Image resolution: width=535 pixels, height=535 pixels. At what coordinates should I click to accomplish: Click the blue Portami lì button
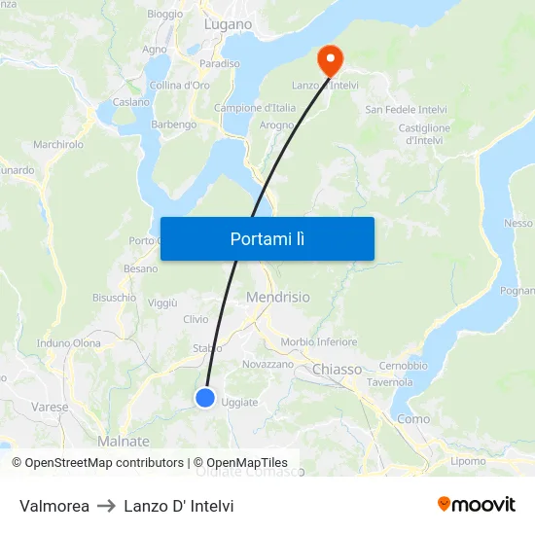[267, 238]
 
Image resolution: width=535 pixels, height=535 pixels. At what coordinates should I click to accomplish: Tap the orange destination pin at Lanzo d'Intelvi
[331, 60]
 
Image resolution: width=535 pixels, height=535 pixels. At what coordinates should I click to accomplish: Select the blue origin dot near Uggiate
[205, 397]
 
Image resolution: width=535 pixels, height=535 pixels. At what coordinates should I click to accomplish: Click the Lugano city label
[228, 23]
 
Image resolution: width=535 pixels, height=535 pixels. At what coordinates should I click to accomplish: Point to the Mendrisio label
[278, 297]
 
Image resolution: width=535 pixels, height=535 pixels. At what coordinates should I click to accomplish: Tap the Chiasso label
[337, 370]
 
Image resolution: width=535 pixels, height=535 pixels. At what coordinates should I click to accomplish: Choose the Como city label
[413, 419]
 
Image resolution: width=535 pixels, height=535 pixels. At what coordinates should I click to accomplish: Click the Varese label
[50, 407]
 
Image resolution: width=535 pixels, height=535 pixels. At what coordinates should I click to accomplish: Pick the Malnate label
[124, 442]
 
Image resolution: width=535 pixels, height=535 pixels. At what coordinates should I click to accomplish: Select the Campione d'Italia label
[254, 108]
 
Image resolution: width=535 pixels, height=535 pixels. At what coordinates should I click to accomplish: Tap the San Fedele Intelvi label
[406, 110]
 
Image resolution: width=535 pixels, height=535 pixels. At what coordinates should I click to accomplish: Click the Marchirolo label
[58, 145]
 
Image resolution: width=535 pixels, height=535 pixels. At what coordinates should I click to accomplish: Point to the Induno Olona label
[69, 343]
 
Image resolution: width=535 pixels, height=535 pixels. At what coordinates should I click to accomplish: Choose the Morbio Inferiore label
[318, 342]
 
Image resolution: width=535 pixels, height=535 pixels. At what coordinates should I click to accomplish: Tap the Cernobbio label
[403, 366]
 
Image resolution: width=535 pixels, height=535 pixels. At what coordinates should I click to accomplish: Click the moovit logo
[477, 504]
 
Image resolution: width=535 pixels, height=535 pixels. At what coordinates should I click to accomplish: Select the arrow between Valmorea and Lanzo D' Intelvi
[106, 506]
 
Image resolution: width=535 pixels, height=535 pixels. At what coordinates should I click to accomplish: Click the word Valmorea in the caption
[54, 506]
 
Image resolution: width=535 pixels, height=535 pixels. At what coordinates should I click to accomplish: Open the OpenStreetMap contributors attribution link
[102, 463]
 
